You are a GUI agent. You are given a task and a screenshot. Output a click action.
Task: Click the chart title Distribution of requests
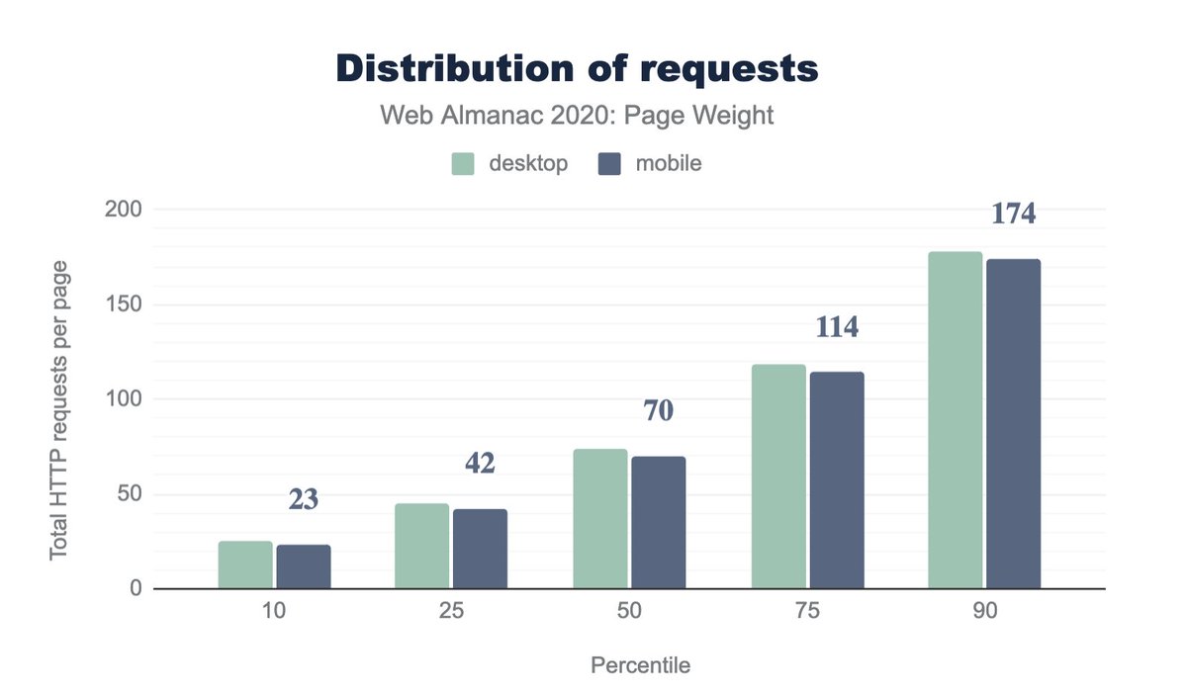click(577, 68)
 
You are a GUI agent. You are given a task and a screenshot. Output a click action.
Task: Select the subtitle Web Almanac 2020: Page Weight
click(577, 117)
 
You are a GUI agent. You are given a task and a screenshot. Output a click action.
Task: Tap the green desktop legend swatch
click(465, 164)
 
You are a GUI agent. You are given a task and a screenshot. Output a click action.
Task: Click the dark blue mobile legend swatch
click(609, 164)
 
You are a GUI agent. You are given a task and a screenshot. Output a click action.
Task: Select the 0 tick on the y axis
click(136, 589)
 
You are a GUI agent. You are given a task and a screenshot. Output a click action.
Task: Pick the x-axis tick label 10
click(274, 612)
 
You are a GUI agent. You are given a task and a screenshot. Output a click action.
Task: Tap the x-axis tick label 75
click(807, 612)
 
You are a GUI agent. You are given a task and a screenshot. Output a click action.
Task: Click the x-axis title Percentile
click(640, 665)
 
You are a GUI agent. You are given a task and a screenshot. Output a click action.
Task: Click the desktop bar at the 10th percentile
click(245, 564)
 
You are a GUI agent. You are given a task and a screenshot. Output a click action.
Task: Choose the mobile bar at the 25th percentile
click(481, 549)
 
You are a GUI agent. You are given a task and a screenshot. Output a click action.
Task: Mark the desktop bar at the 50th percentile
click(600, 519)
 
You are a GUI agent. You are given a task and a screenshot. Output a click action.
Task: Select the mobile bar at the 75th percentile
click(837, 480)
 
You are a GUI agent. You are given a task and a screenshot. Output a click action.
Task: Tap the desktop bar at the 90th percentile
click(956, 420)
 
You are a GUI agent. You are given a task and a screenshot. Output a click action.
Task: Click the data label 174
click(1013, 214)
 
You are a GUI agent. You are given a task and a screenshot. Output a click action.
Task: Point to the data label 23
click(303, 500)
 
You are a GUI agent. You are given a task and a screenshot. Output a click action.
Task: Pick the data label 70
click(658, 411)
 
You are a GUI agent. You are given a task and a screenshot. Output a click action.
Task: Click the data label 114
click(837, 327)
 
